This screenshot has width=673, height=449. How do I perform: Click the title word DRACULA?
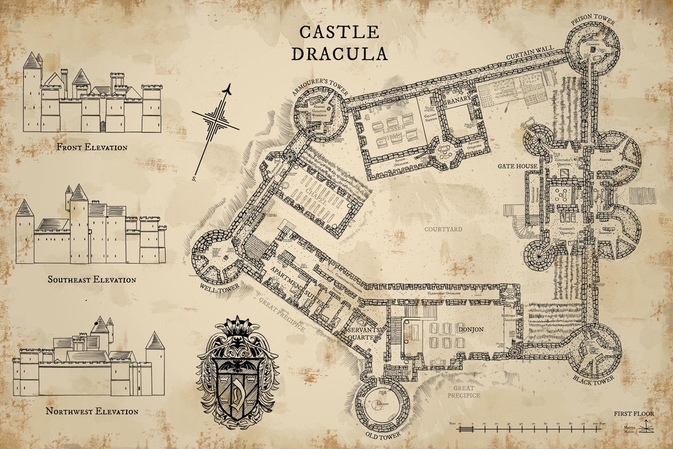click(x=340, y=54)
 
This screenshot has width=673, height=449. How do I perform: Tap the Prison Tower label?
click(x=593, y=22)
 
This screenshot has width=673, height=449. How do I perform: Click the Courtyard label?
click(x=443, y=229)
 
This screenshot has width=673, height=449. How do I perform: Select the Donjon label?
click(x=470, y=329)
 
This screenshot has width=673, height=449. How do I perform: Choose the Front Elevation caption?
click(x=92, y=148)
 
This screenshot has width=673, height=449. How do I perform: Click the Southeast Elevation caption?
click(x=92, y=279)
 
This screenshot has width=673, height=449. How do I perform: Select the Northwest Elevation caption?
click(x=92, y=412)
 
